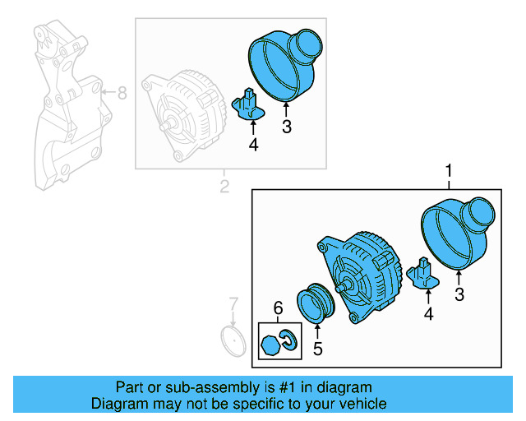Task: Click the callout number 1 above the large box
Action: point(449,171)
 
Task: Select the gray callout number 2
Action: point(224,187)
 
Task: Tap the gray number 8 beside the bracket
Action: point(122,93)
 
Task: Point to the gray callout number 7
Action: point(233,303)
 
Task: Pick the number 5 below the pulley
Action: point(317,348)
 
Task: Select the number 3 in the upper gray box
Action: point(286,127)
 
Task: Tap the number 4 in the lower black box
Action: point(428,313)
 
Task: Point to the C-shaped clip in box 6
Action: point(288,339)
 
